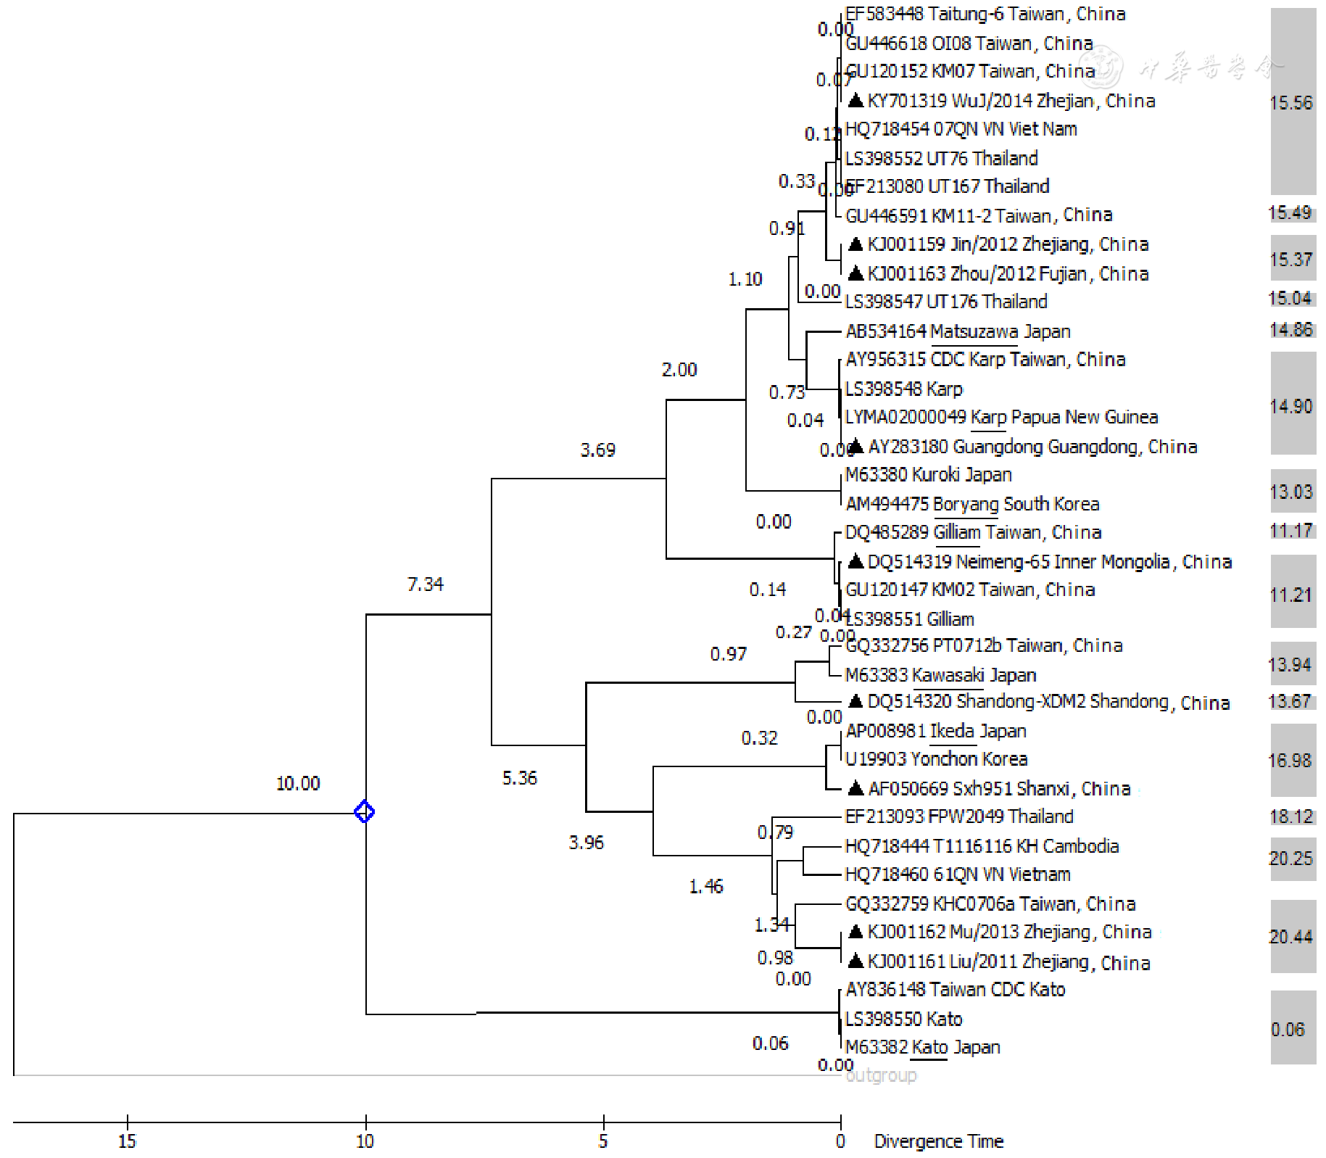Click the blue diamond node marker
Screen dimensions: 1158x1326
pos(365,811)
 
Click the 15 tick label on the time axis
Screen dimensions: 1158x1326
pos(127,1141)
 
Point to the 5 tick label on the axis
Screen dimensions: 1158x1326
pos(603,1141)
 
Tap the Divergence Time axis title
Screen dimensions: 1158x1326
pos(938,1141)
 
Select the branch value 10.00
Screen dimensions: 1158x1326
pos(298,783)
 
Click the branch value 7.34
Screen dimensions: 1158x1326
pos(426,584)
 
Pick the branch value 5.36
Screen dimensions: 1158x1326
pos(520,778)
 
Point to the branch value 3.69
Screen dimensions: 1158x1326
pos(598,450)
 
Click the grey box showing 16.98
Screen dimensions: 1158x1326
pos(1291,760)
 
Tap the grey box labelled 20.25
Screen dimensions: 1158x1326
pos(1291,859)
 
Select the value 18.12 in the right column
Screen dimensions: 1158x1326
pos(1291,816)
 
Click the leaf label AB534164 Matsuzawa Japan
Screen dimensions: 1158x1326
pos(958,331)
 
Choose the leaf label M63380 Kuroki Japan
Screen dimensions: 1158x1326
pos(929,475)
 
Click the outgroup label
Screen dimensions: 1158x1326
pos(881,1075)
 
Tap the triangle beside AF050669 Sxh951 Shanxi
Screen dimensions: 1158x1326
pos(855,788)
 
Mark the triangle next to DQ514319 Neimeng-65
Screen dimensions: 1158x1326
pos(855,561)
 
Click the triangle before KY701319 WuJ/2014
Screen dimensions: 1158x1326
pos(855,100)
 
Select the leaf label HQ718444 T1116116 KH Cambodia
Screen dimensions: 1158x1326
pos(982,846)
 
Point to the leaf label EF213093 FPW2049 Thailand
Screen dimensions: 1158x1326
pos(959,816)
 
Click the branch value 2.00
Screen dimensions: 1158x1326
pos(679,370)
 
